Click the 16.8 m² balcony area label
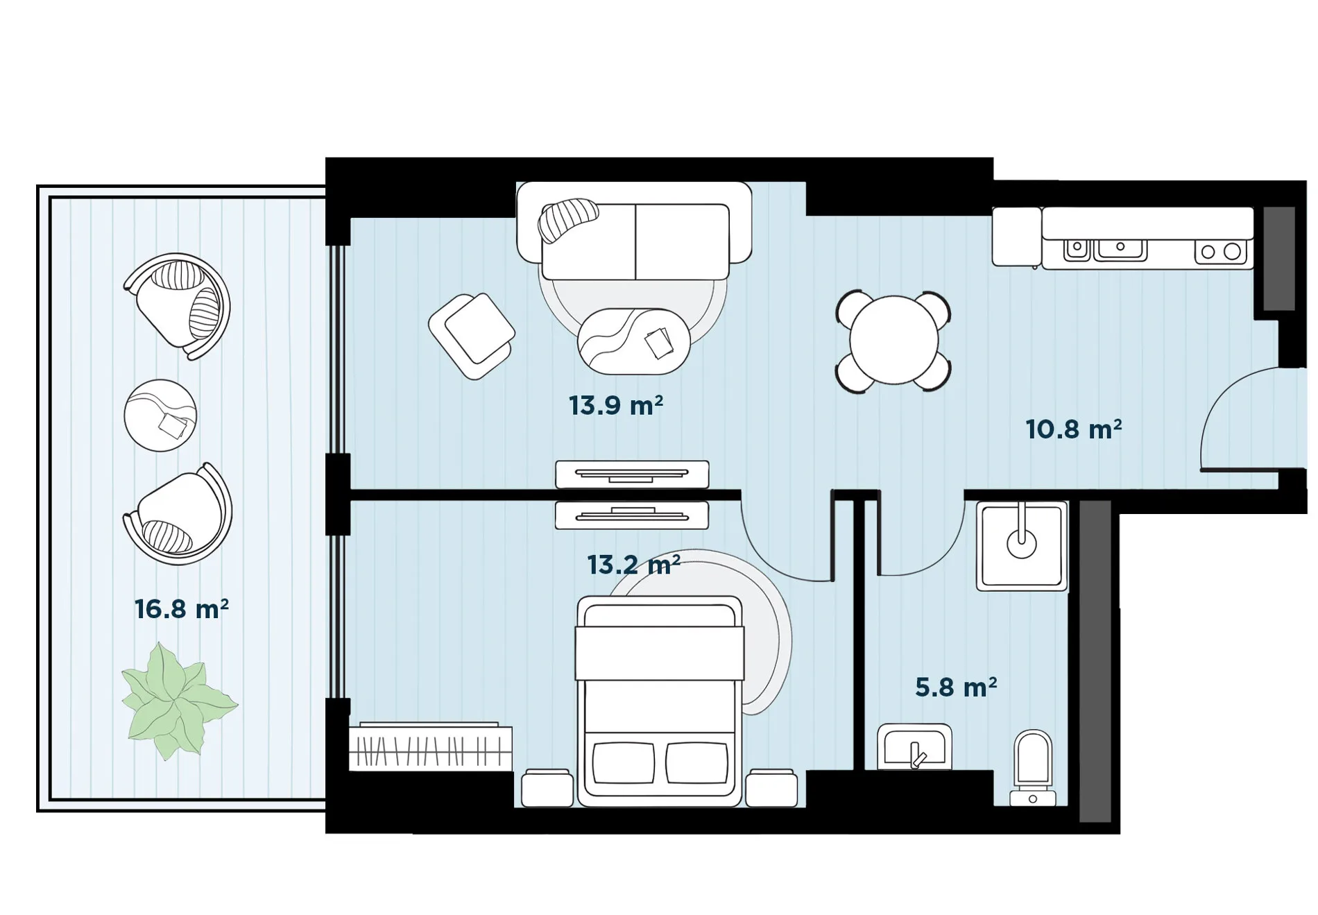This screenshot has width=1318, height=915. point(182,609)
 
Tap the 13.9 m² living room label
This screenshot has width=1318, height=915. point(616,405)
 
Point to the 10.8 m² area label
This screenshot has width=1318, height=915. point(1074,429)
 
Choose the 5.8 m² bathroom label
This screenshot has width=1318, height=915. point(956,687)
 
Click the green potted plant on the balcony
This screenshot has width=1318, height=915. point(179,700)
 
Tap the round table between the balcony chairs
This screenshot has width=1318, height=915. point(160,416)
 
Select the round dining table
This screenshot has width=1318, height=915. point(893,340)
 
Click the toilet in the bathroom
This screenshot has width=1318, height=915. point(1033,768)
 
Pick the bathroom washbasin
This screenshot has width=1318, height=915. point(914,747)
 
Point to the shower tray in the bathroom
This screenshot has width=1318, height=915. point(1022,546)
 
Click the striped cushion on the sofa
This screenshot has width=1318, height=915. point(568,220)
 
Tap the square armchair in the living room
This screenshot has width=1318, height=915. point(472,336)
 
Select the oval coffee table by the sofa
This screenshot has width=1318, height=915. point(634,341)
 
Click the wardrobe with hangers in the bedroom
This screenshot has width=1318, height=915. point(430,747)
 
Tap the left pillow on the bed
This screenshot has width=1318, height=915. point(624,762)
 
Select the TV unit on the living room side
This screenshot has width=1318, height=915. point(632,474)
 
